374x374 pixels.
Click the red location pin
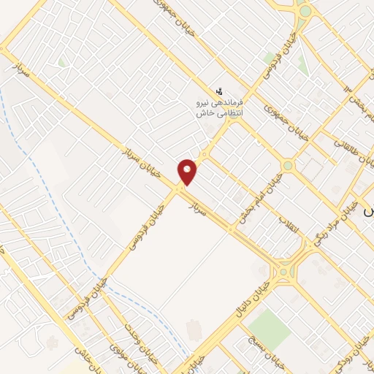click(x=188, y=172)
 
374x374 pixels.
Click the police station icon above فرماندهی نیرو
click(x=219, y=91)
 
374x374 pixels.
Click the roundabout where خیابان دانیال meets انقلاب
click(x=283, y=273)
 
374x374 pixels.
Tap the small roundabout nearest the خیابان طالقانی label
click(x=288, y=166)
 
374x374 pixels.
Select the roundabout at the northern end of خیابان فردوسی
click(x=304, y=11)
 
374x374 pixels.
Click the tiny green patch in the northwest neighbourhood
click(x=62, y=63)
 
